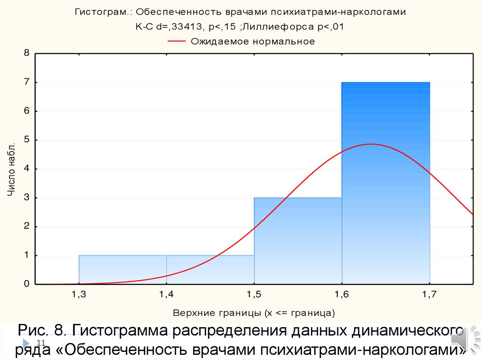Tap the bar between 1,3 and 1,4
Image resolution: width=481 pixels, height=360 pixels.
(123, 270)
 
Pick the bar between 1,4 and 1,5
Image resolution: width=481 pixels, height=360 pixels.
(210, 270)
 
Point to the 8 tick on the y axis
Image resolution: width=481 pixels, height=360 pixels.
(27, 54)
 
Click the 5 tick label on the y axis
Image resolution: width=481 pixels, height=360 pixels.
(27, 140)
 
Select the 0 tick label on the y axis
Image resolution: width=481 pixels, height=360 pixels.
(27, 284)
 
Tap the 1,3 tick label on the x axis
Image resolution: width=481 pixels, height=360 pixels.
(78, 294)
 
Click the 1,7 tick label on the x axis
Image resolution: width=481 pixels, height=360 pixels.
(429, 294)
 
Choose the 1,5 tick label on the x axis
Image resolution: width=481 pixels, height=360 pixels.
(254, 294)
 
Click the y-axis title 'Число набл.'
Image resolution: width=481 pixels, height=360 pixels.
(13, 169)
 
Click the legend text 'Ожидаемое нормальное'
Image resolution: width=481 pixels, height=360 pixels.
(253, 41)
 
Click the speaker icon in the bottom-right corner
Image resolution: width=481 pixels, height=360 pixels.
(463, 340)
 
